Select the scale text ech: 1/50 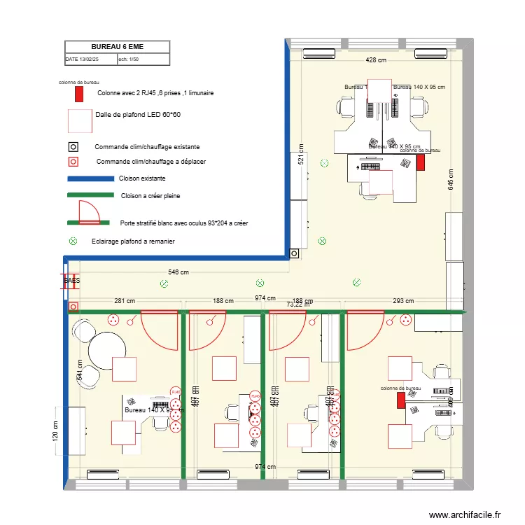click(132, 59)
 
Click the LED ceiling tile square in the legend click(79, 121)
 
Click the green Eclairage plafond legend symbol click(73, 241)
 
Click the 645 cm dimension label click(451, 180)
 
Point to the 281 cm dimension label click(125, 301)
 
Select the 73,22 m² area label click(299, 304)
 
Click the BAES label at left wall click(72, 281)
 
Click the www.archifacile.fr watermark click(465, 514)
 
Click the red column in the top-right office click(420, 162)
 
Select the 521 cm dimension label click(300, 157)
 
